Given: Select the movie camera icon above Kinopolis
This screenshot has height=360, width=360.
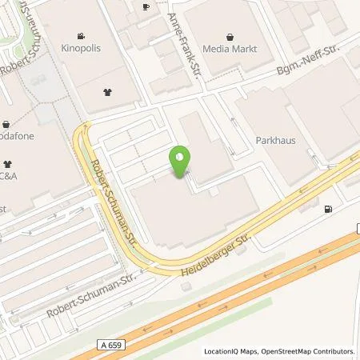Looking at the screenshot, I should point(82,36).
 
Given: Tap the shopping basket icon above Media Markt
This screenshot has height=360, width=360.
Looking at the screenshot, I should point(231,36).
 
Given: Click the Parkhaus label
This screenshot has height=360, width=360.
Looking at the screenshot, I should point(275,140).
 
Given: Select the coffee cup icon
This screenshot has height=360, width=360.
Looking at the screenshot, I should point(145,6).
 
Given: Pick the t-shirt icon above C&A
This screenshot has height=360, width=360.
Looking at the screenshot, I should point(7,159).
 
